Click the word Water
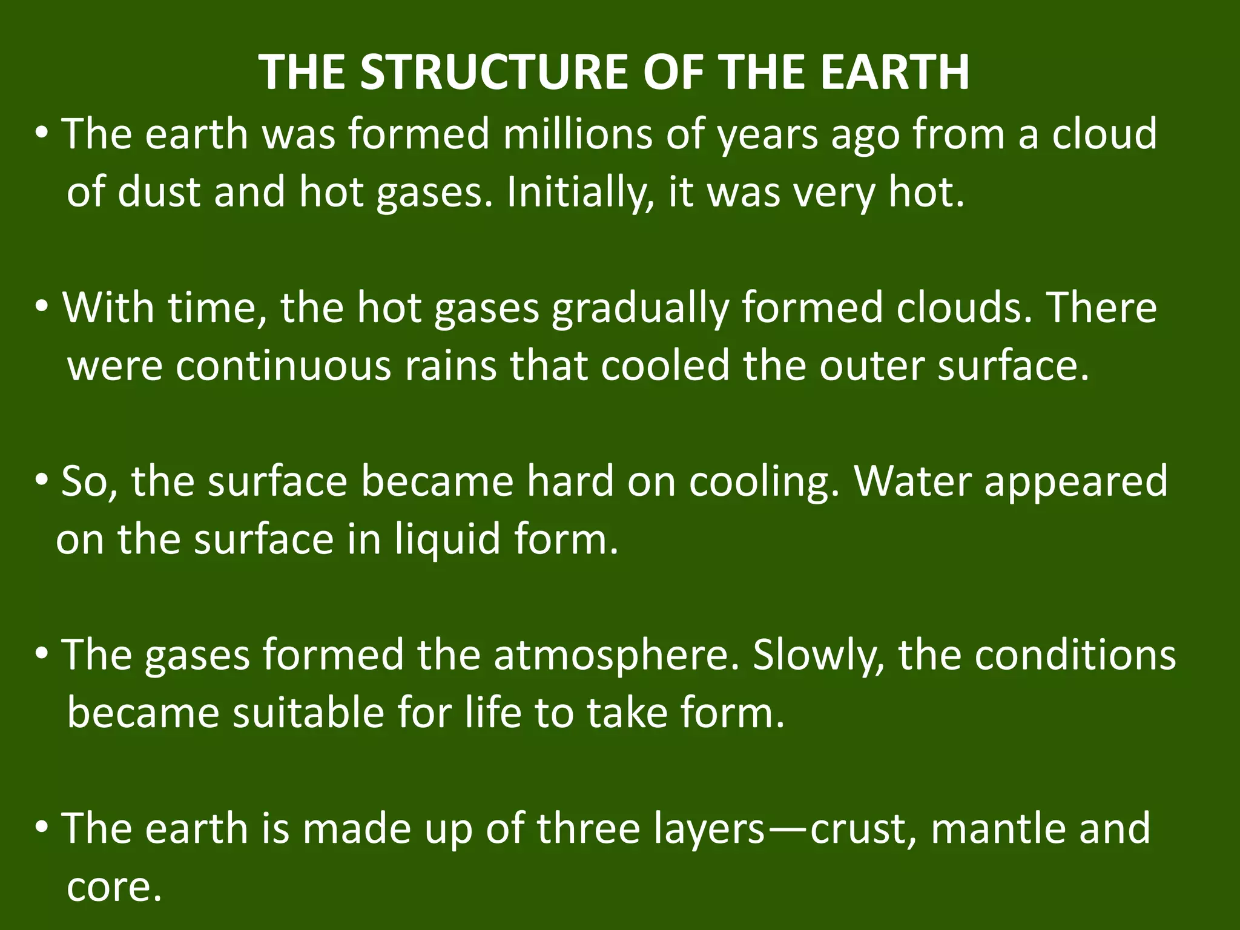point(912,481)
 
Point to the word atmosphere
point(616,656)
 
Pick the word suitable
point(309,713)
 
